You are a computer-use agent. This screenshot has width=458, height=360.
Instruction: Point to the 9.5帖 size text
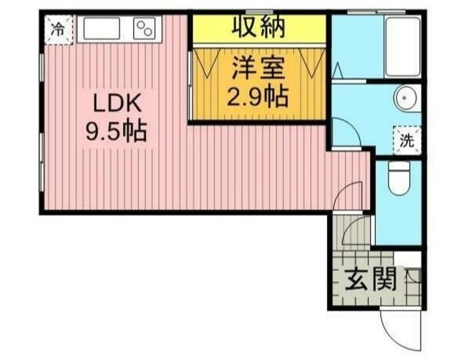[116, 132]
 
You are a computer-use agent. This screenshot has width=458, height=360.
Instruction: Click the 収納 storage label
[259, 26]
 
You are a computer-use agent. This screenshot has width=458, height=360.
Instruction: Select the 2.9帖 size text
[259, 94]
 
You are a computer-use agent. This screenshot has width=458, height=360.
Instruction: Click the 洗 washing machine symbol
[407, 140]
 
